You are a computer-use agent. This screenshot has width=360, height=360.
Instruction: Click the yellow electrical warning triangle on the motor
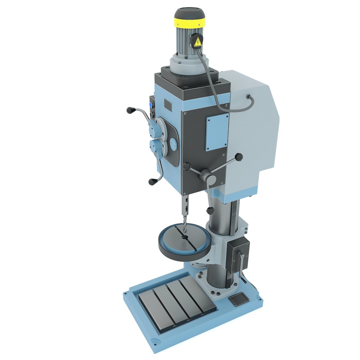[x=198, y=42]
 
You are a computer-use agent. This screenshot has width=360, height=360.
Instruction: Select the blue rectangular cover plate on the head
[x=217, y=131]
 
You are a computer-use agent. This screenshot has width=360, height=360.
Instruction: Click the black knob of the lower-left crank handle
[x=152, y=182]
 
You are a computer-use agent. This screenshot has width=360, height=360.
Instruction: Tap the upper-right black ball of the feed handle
[x=239, y=157]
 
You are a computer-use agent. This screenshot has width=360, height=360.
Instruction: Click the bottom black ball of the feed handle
[x=210, y=211]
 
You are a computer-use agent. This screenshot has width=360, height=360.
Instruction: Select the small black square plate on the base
[x=237, y=300]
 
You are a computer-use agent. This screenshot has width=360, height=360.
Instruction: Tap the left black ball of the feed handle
[x=186, y=165]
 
